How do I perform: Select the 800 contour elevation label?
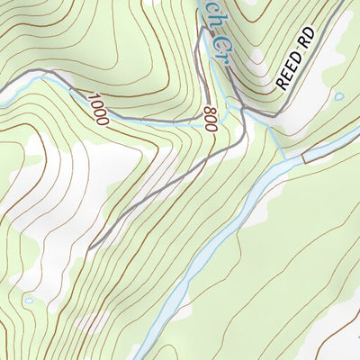pyautogui.click(x=211, y=119)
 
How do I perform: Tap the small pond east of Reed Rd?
pyautogui.click(x=338, y=96)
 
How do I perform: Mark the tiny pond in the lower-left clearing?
pyautogui.click(x=30, y=301)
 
